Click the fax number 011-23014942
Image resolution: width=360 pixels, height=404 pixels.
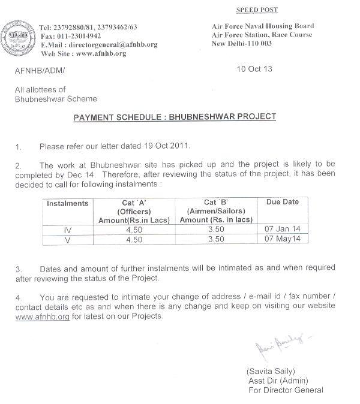coord(79,37)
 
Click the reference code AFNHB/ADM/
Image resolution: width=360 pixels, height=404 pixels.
coord(38,71)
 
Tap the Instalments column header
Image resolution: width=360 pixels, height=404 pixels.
coord(67,203)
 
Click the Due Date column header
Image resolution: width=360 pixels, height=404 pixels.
coord(282,203)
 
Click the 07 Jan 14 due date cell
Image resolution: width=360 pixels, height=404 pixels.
coord(282,229)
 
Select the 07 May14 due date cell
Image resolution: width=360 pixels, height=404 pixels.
coord(282,239)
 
